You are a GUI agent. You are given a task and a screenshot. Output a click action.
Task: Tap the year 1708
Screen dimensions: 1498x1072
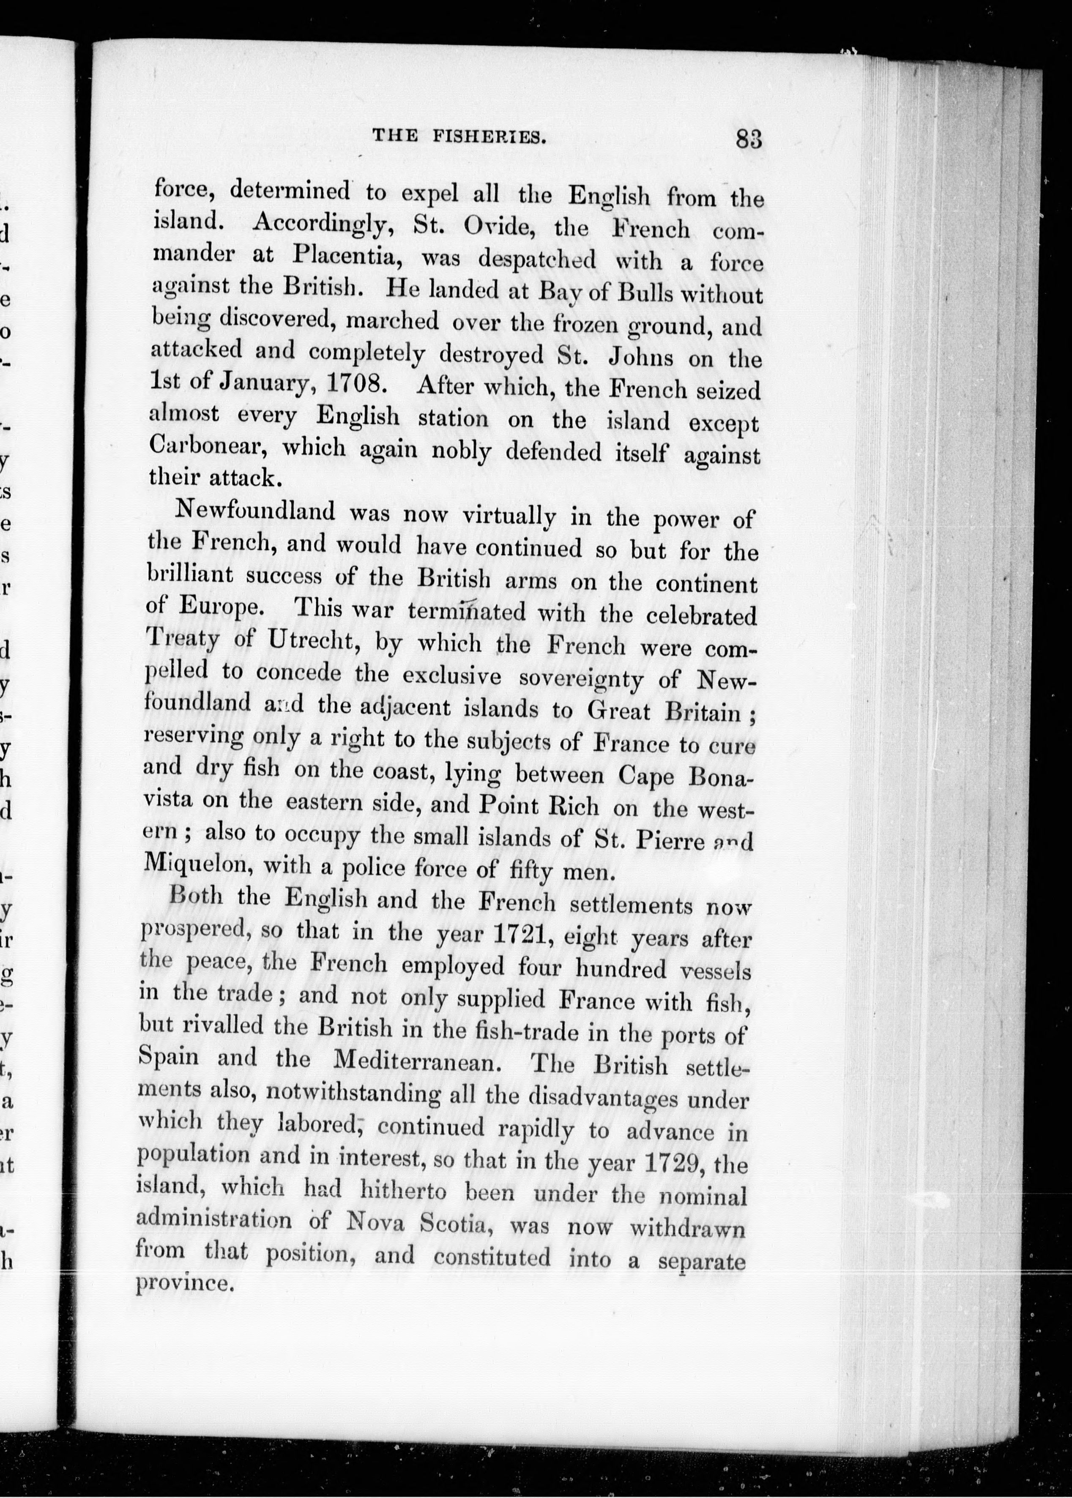[x=356, y=384]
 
